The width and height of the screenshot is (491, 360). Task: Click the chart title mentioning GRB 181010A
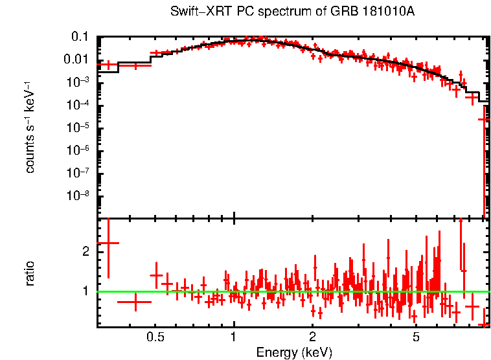293,12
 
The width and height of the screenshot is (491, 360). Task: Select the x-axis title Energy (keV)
293,352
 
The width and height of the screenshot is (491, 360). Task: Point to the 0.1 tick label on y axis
80,37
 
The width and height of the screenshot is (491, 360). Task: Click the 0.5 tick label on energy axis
155,337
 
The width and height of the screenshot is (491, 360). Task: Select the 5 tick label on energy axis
416,337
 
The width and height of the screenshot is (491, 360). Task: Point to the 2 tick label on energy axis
312,337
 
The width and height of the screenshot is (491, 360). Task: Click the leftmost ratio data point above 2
108,243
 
